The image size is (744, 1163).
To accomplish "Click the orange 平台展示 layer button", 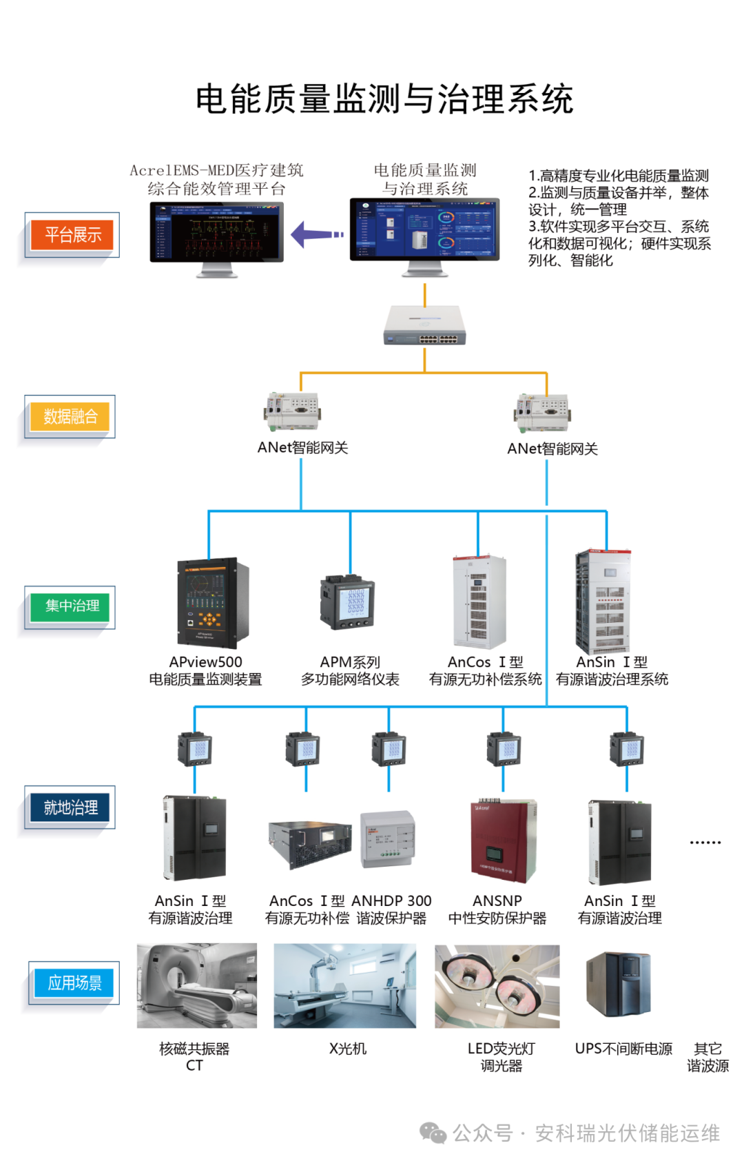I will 72,235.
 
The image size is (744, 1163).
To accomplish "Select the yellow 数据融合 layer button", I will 70,416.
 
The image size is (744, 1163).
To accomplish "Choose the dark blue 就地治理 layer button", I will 70,807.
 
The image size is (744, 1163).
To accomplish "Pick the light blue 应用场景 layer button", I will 74,983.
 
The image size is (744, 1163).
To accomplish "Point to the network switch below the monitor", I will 425,325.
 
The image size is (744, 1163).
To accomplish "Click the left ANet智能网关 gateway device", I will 293,411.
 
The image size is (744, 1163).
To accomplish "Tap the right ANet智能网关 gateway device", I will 542,413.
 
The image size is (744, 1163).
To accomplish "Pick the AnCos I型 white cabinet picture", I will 479,602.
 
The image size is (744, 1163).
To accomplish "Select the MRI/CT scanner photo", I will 196,985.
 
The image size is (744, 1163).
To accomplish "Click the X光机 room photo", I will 344,985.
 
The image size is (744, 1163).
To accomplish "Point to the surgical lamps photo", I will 497,985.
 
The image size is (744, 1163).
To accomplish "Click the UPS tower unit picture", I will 618,985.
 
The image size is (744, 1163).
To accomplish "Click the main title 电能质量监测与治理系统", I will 384,99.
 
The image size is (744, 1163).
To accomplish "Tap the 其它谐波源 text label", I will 707,1057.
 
